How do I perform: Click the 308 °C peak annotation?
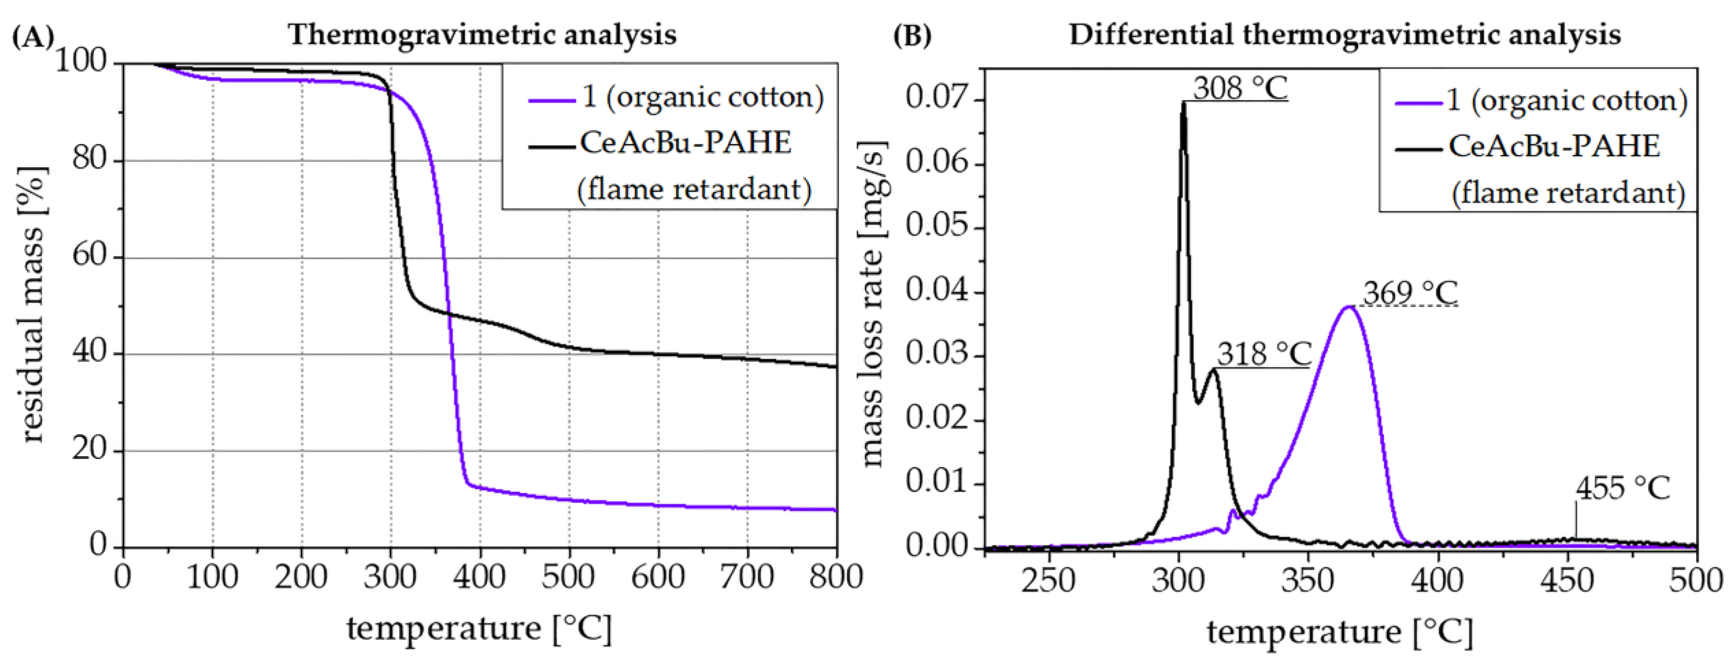1240,87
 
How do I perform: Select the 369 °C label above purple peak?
1410,293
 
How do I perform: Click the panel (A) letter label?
32,35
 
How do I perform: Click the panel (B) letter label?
911,35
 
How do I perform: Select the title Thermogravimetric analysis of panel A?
482,34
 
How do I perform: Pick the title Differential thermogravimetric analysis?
1344,34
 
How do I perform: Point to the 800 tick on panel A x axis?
836,577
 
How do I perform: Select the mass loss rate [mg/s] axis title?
873,304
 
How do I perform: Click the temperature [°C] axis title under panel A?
479,628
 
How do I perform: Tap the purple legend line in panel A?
552,101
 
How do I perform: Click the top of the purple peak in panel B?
1348,307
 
